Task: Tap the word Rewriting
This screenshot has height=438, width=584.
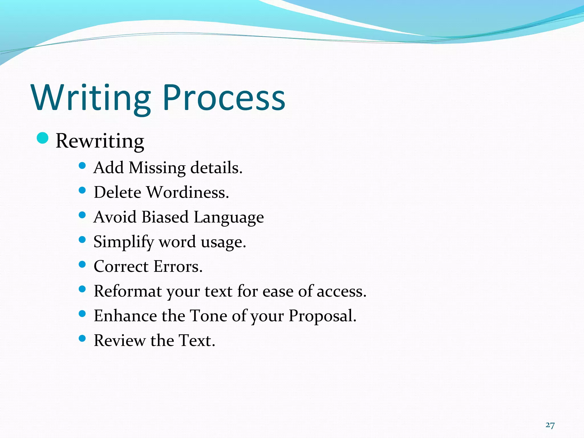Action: coord(100,141)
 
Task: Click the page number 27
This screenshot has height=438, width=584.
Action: coord(550,425)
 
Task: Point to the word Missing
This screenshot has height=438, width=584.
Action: coord(157,168)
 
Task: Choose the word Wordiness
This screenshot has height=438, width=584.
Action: coord(188,192)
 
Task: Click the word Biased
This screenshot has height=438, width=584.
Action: coord(165,217)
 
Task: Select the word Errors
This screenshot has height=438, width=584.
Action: coord(178,267)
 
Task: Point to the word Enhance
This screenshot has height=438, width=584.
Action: coord(125,316)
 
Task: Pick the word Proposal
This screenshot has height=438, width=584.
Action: coord(323,316)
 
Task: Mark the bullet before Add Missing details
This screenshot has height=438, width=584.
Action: coord(82,166)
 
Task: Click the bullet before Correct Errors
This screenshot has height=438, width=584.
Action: coord(82,265)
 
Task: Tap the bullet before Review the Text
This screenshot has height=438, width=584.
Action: coord(82,338)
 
